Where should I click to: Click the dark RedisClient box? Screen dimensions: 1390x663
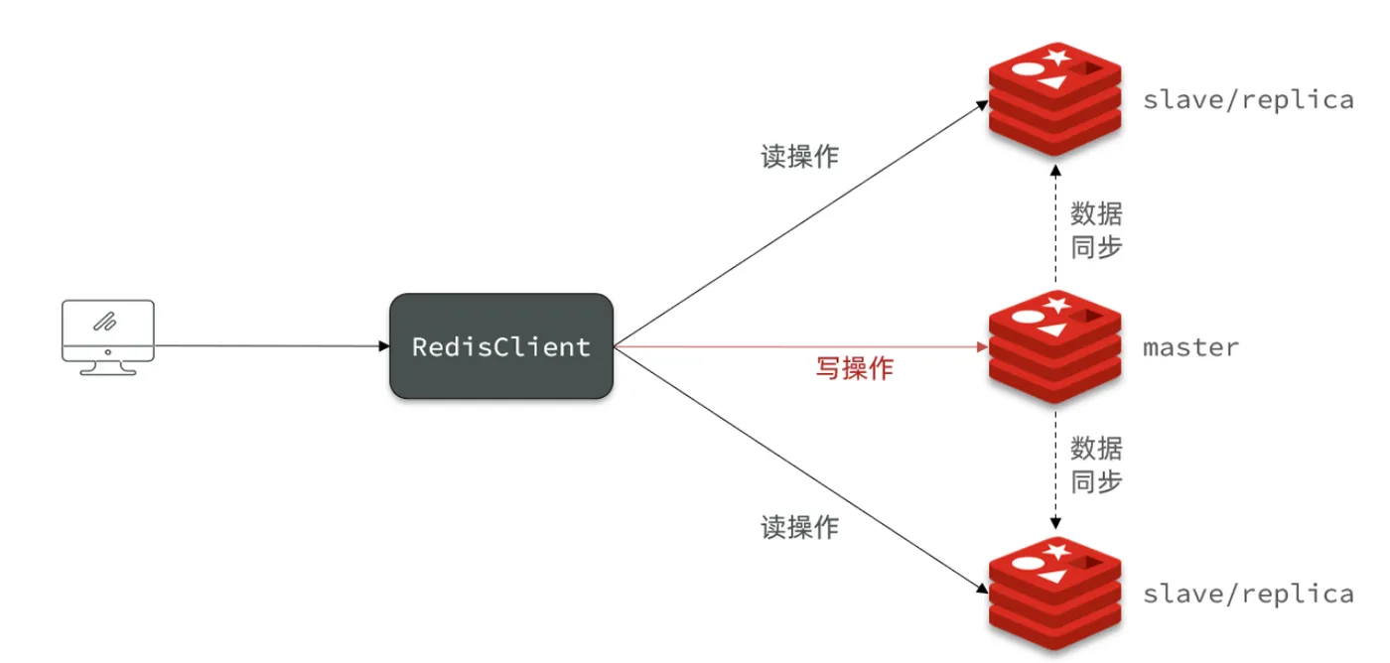point(501,346)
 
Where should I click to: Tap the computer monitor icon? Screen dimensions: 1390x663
point(108,337)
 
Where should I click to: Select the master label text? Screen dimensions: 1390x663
point(1190,347)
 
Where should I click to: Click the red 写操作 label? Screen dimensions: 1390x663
point(855,368)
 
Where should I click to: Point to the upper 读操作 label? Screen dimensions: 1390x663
point(800,156)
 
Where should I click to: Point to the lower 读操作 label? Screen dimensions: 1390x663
point(800,527)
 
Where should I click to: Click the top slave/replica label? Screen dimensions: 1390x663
point(1248,100)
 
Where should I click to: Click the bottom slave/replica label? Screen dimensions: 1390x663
point(1248,595)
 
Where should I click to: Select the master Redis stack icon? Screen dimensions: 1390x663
point(1054,346)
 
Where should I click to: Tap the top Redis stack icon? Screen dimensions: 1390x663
point(1054,99)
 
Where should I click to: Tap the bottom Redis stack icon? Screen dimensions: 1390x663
point(1054,594)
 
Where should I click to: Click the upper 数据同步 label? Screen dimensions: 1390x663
point(1096,230)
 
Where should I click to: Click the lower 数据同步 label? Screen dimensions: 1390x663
point(1096,464)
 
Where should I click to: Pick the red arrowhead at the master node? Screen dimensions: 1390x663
point(982,346)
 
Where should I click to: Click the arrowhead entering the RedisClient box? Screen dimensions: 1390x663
point(384,346)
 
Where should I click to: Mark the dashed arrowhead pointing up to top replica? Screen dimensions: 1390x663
point(1055,171)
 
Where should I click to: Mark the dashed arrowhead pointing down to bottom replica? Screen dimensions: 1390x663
point(1055,523)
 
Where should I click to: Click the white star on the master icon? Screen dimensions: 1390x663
point(1056,305)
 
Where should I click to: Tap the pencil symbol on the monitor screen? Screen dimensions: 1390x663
point(105,322)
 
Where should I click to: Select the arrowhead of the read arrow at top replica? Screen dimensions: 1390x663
point(982,105)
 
